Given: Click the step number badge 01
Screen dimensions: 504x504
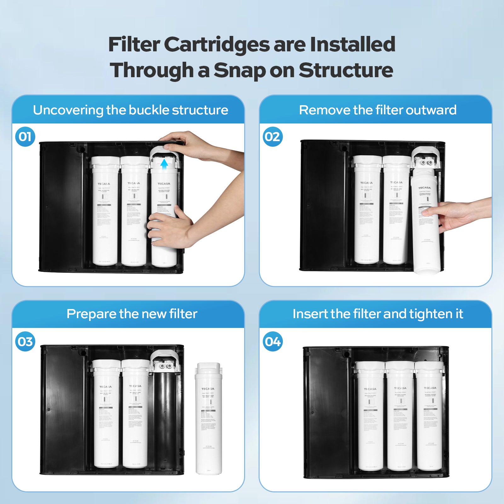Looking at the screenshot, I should pyautogui.click(x=25, y=137).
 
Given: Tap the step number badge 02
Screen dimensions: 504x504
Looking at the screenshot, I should pyautogui.click(x=272, y=137).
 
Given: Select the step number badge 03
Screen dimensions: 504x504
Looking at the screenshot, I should pyautogui.click(x=25, y=341).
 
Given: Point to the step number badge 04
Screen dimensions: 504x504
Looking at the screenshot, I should pyautogui.click(x=272, y=341).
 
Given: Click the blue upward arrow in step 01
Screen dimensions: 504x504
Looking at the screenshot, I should pyautogui.click(x=164, y=164).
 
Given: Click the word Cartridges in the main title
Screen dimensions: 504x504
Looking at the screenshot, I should pyautogui.click(x=217, y=44).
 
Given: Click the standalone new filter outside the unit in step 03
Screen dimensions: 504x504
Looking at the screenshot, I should pyautogui.click(x=209, y=419).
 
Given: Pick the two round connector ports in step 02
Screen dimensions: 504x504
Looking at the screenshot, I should pyautogui.click(x=426, y=163).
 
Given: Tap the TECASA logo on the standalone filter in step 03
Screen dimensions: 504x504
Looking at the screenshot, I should pyautogui.click(x=208, y=389).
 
